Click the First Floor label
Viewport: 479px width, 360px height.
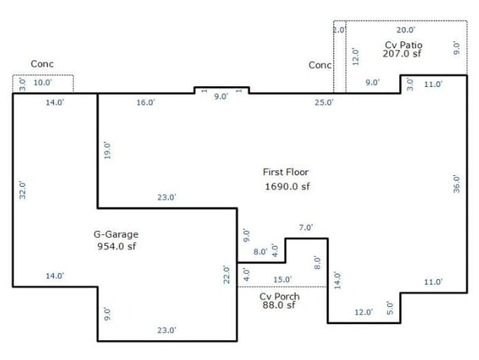[286, 172]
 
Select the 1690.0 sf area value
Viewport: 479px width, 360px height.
[287, 186]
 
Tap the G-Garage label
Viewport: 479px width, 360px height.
[116, 234]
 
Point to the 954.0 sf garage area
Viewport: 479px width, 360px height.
[116, 246]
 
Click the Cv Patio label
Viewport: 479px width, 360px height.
[404, 45]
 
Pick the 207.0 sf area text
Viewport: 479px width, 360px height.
[402, 54]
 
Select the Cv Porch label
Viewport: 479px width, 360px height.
[279, 296]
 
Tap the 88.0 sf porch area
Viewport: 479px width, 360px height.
[279, 305]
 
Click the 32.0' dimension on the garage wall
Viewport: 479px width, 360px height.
[23, 190]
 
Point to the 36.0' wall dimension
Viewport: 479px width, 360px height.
[456, 183]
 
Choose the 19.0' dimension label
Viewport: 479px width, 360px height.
[108, 150]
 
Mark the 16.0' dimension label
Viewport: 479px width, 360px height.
[146, 102]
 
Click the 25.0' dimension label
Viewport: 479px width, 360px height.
[324, 102]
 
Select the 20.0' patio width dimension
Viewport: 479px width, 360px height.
[406, 30]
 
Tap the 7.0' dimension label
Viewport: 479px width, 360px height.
[306, 227]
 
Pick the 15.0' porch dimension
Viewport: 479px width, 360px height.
[282, 280]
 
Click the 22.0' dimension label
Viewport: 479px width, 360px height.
[226, 275]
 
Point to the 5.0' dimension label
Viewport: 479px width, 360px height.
[390, 308]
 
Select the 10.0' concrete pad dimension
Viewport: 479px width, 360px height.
[43, 82]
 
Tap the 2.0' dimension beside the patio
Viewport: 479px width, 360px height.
[339, 30]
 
